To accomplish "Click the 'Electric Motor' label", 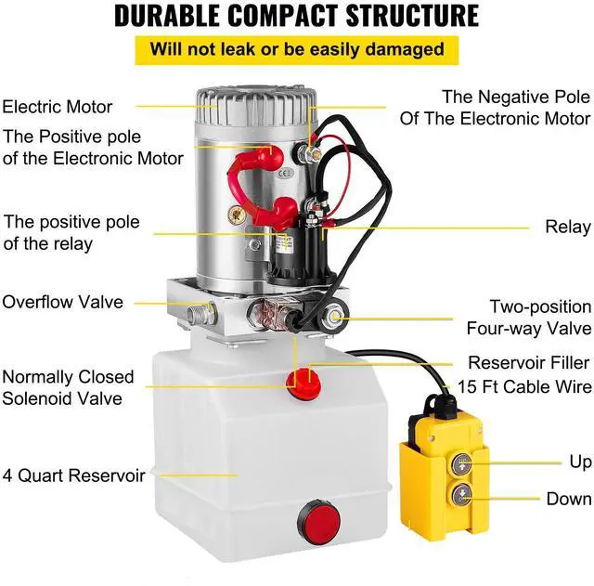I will click(57, 107).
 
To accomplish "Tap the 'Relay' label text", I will click(568, 227).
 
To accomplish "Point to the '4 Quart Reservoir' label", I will click(73, 475).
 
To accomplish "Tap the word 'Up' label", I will click(580, 462).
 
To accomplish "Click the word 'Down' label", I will click(568, 499).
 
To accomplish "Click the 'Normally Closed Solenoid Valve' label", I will click(68, 388).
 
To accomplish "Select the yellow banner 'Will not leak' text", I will click(298, 48).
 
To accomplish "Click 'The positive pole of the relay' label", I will click(71, 233).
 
